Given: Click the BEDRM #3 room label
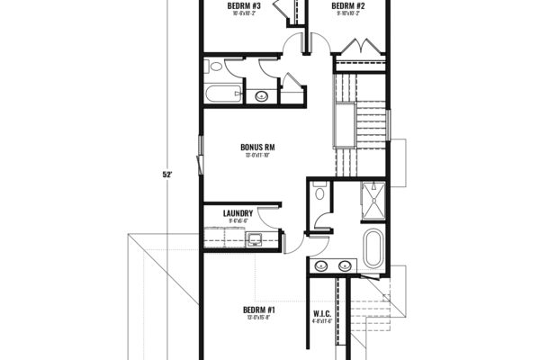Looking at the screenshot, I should click(x=245, y=5).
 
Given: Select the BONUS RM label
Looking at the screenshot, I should click(x=257, y=147).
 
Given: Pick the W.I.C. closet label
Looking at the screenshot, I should click(x=323, y=313).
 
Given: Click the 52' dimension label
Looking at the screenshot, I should click(x=167, y=175).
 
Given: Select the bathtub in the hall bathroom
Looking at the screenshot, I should click(x=223, y=93).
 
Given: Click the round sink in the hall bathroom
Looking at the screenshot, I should click(x=263, y=94).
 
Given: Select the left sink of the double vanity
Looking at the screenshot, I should click(x=321, y=265).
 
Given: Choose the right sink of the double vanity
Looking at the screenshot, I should click(x=344, y=265).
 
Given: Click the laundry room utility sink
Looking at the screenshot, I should click(x=255, y=239).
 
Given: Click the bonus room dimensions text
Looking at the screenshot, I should click(x=257, y=156).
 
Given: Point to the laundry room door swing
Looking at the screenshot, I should click(x=266, y=216).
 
